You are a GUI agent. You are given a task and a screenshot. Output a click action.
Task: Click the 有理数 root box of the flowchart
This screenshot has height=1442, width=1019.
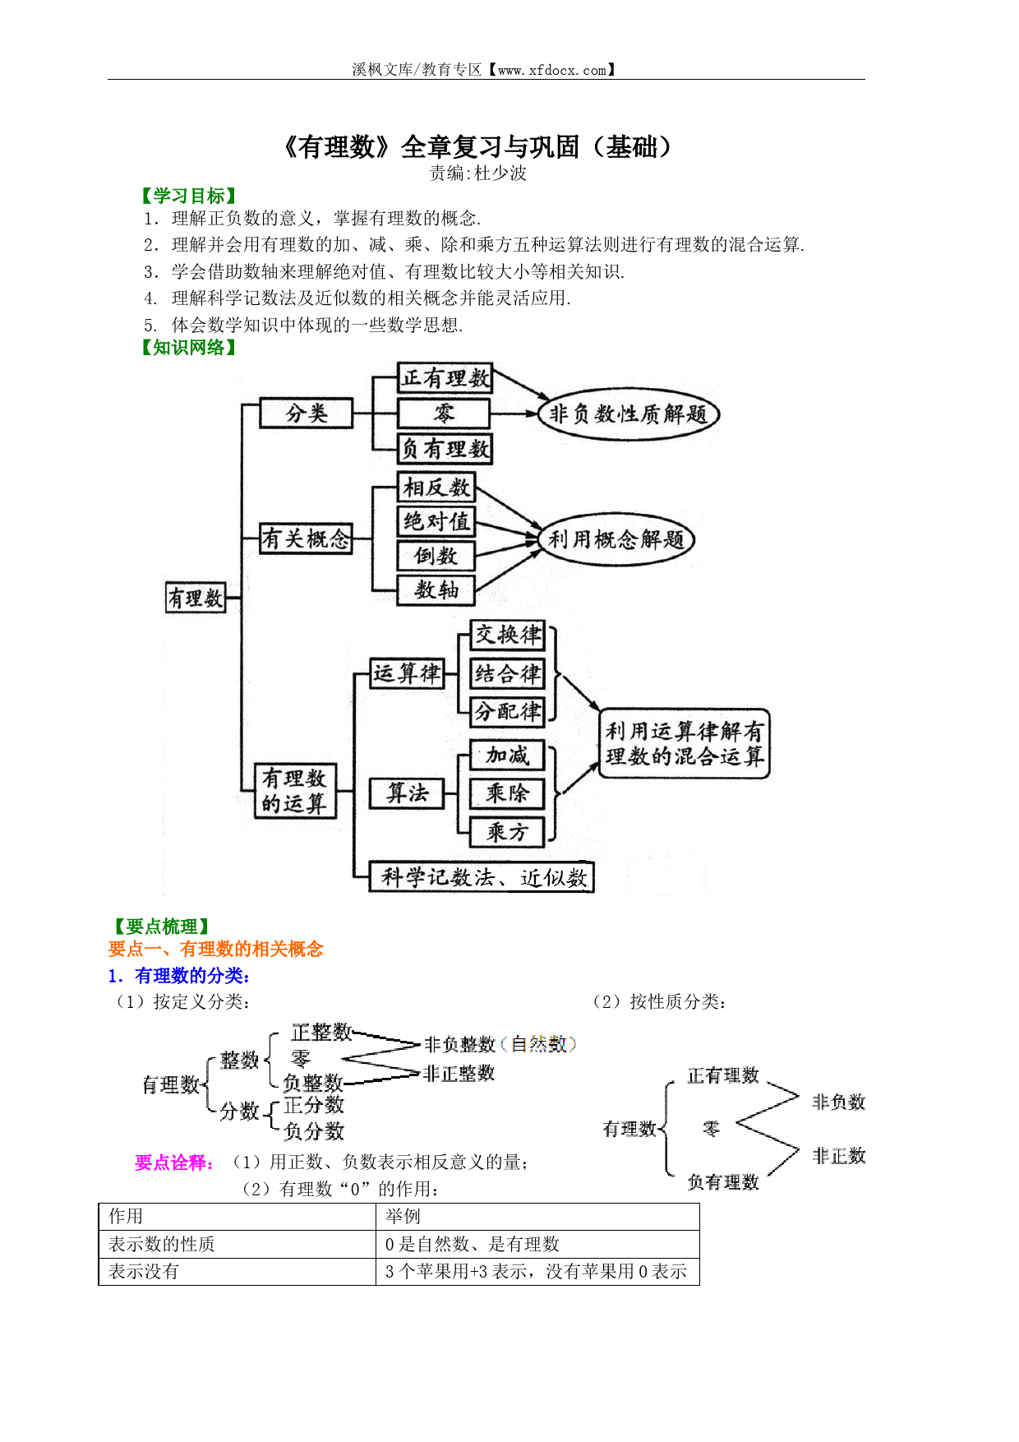(x=196, y=598)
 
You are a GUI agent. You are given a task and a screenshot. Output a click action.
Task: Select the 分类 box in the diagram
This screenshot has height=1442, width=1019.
(x=307, y=413)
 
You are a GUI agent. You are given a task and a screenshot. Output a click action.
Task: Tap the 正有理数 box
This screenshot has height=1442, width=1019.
(x=445, y=378)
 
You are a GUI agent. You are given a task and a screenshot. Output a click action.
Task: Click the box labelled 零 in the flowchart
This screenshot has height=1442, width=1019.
(x=444, y=414)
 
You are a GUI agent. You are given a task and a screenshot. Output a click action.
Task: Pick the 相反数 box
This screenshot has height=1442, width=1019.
(x=436, y=488)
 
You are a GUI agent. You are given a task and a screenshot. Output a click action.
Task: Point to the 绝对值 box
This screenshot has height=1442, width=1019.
(x=436, y=521)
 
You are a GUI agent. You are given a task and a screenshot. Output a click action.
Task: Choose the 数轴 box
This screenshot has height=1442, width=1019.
(x=436, y=589)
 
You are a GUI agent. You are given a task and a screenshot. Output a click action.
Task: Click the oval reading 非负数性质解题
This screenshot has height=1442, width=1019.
(x=629, y=414)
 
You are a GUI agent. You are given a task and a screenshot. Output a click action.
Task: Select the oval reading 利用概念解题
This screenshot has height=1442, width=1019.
(x=616, y=539)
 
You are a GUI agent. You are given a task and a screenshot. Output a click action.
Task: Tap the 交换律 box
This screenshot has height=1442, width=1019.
(x=508, y=635)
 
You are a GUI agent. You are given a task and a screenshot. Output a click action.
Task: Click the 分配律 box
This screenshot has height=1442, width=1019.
(x=508, y=711)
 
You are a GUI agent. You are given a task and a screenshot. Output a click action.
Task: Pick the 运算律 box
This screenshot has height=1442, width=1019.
(x=407, y=673)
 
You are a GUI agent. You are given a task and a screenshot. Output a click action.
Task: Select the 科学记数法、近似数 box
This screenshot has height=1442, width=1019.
(x=482, y=877)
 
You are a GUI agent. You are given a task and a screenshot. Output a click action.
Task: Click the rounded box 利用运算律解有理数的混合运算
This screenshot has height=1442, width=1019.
(x=685, y=743)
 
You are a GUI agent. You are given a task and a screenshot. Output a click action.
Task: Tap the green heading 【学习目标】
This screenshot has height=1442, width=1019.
(x=189, y=196)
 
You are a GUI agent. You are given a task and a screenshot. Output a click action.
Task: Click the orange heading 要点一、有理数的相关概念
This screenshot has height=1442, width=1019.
(x=215, y=949)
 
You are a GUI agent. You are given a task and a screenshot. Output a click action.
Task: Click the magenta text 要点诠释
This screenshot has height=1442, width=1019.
(x=175, y=1162)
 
